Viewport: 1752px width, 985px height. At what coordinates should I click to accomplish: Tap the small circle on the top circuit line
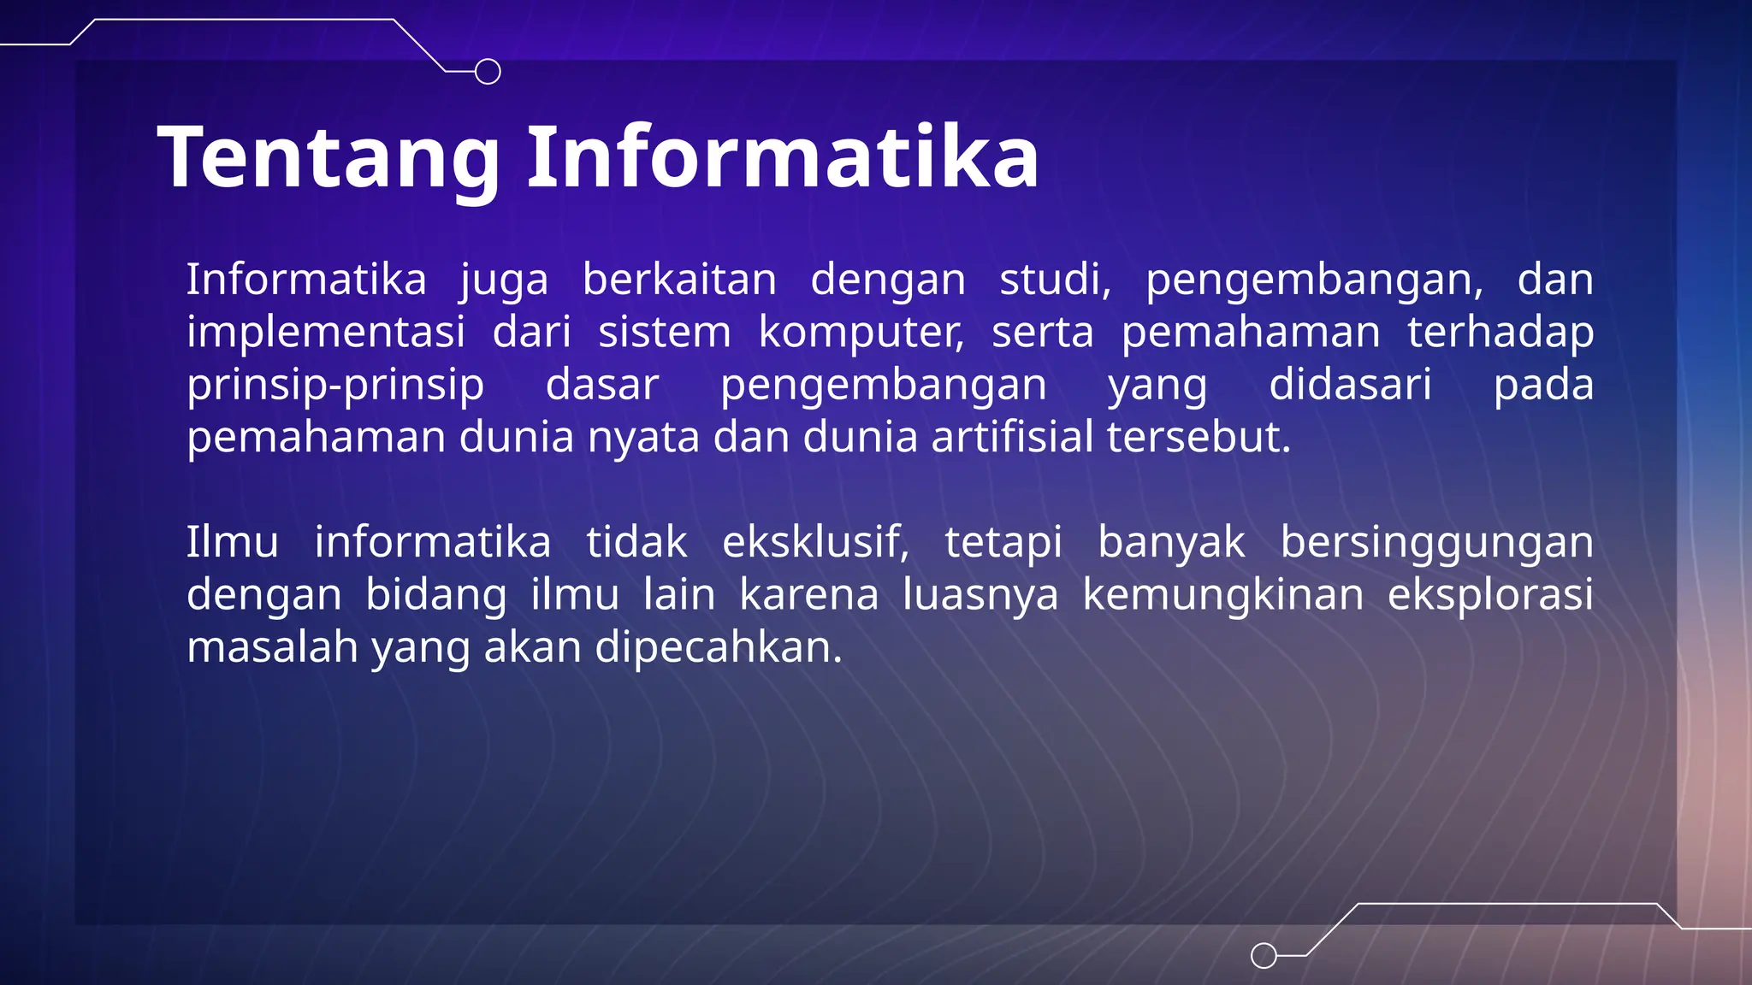coord(488,72)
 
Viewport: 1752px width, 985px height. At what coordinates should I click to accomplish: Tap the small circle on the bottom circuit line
coord(1264,955)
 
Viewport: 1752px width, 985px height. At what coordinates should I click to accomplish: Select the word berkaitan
coord(679,280)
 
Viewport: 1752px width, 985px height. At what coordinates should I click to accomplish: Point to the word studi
coord(1055,280)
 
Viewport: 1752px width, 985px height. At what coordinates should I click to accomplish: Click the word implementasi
coord(326,332)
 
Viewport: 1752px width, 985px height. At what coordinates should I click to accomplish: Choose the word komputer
coord(861,333)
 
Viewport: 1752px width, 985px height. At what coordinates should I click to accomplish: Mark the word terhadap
coord(1500,333)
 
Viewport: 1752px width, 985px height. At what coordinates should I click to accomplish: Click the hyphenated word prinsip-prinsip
coord(335,386)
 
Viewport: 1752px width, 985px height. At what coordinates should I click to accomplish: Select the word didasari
coord(1350,384)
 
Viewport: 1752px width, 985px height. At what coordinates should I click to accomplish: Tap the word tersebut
coord(1199,437)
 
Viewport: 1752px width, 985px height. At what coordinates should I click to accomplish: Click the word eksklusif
coord(815,542)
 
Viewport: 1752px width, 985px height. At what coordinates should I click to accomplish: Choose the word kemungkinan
coord(1223,595)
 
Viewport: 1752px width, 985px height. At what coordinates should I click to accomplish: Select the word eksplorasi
coord(1490,595)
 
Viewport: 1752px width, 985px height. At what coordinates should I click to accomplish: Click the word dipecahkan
coord(719,648)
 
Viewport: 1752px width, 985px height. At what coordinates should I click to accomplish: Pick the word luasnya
coord(980,595)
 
